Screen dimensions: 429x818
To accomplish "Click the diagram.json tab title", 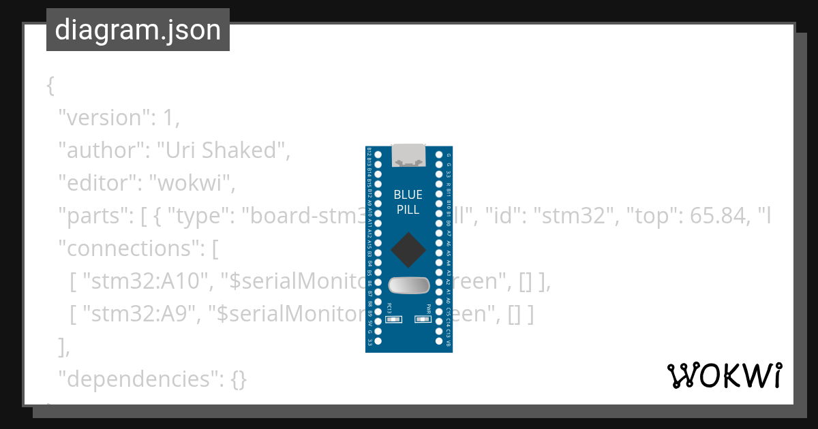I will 138,30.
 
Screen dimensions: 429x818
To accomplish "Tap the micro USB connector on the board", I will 409,155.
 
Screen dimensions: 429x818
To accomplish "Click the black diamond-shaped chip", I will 408,250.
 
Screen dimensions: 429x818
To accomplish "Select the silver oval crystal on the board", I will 408,286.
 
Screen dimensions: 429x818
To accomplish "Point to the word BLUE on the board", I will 408,195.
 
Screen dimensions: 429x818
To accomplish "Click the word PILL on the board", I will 408,209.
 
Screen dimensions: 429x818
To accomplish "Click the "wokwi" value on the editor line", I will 193,183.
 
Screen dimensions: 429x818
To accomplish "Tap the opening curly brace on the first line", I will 50,86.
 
